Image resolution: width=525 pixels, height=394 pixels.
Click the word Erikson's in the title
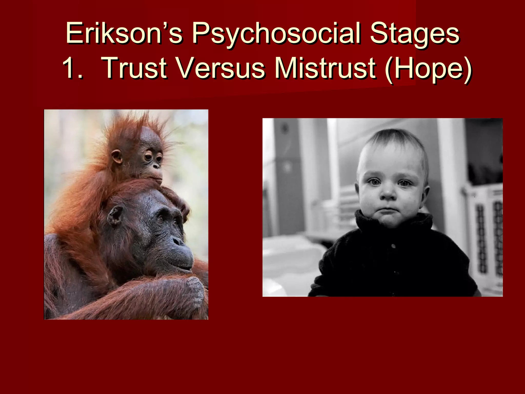pyautogui.click(x=124, y=34)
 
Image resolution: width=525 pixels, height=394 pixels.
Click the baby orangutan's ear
pyautogui.click(x=117, y=156)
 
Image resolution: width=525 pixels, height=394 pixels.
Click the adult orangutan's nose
pyautogui.click(x=178, y=241)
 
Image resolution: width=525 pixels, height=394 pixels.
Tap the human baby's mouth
pyautogui.click(x=389, y=210)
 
